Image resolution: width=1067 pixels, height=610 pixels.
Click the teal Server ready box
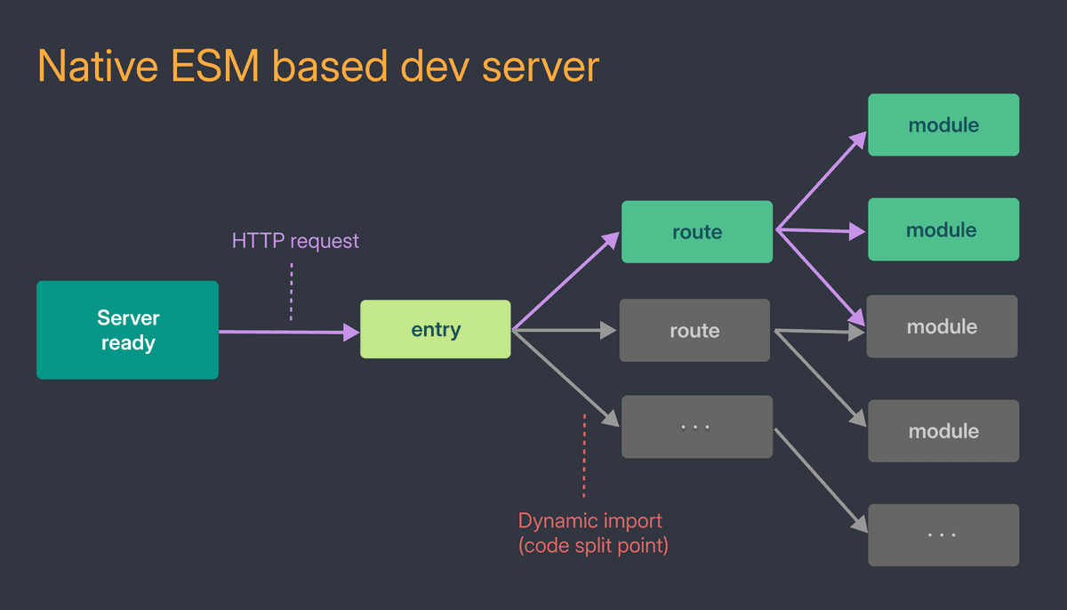[x=127, y=330]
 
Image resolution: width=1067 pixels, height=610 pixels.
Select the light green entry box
[x=435, y=329]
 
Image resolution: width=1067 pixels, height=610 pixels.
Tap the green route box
[x=696, y=232]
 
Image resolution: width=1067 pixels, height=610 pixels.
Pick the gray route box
[x=694, y=331]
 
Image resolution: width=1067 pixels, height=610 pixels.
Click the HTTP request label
[x=295, y=240]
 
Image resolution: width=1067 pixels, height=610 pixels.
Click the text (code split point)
[x=593, y=545]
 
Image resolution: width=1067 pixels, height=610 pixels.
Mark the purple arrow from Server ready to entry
[x=285, y=332]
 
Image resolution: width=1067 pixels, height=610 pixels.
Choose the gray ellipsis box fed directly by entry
[x=696, y=427]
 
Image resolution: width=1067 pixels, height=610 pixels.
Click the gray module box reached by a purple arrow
[x=942, y=327]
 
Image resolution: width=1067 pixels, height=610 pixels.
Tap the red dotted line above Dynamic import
[x=584, y=453]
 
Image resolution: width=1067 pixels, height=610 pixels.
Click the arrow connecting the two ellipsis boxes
[x=820, y=479]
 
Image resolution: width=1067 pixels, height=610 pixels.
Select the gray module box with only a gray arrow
[x=943, y=431]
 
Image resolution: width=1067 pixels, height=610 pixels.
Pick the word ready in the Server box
[x=128, y=343]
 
